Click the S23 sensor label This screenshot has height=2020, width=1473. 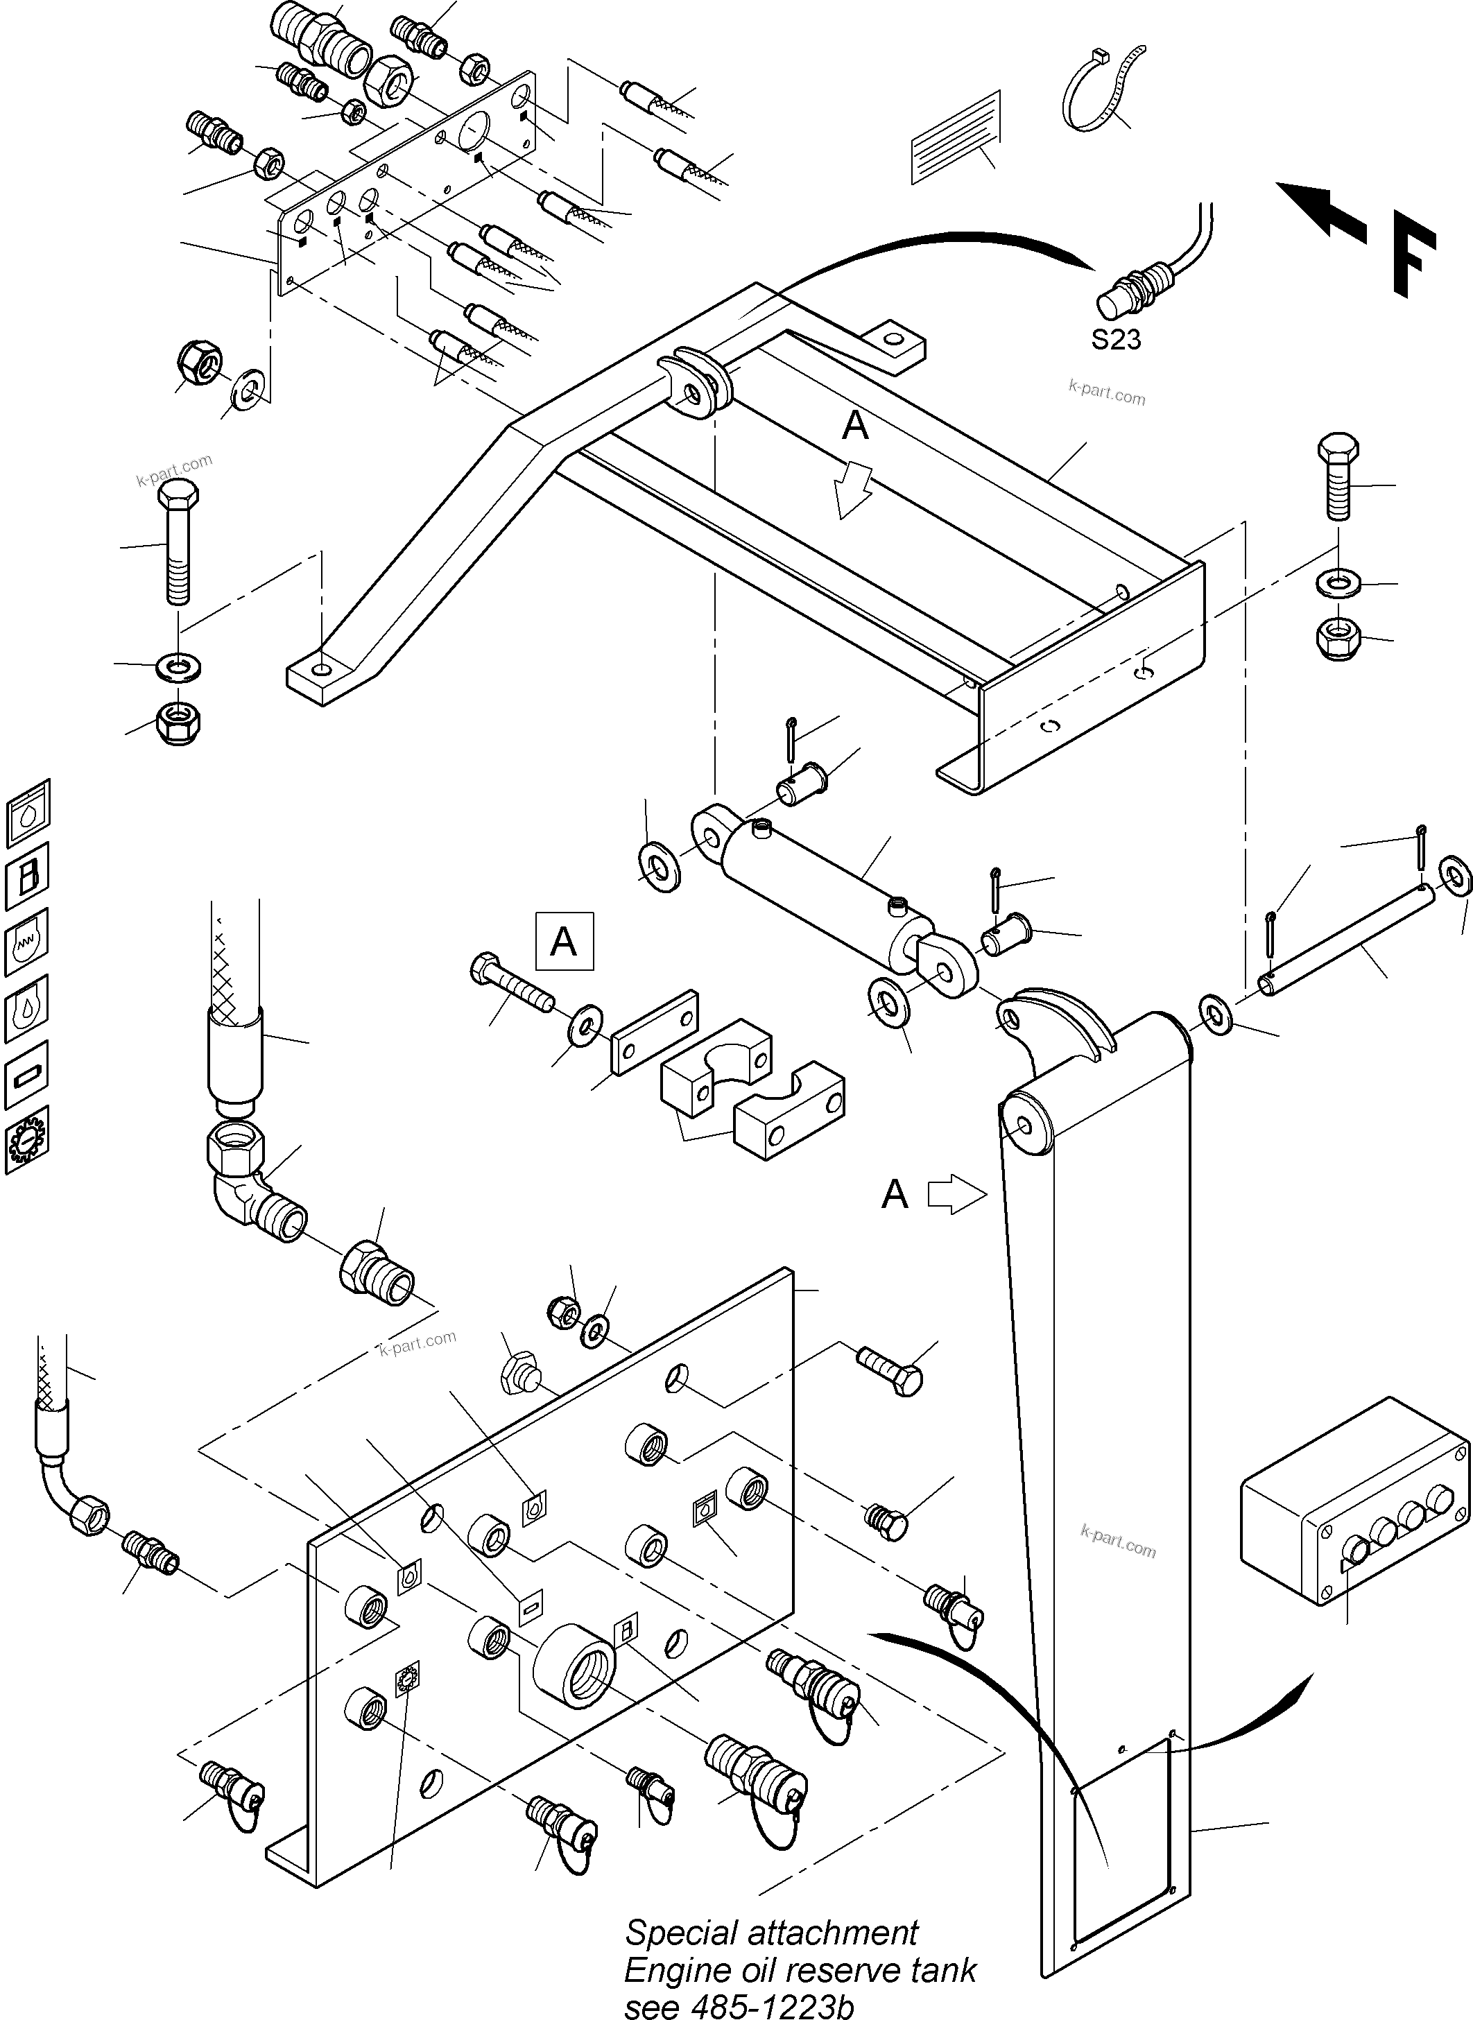point(1115,340)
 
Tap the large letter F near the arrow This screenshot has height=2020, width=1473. point(1413,259)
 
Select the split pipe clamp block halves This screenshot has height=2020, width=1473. point(749,1087)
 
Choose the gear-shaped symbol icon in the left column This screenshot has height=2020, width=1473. point(27,1139)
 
